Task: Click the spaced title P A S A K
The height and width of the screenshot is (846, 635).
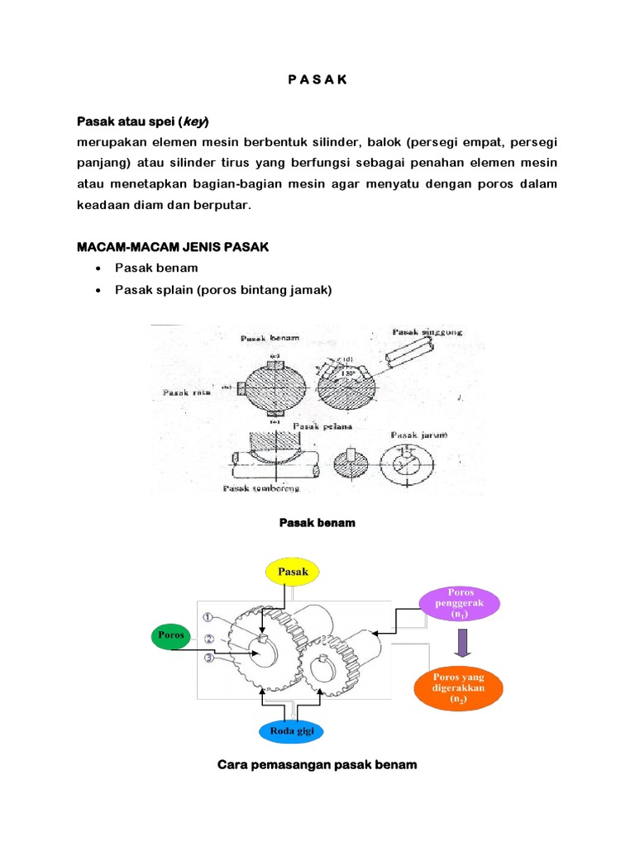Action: click(317, 80)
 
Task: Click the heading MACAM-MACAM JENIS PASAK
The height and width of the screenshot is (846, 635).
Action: click(172, 248)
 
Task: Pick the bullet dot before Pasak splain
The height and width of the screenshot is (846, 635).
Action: click(99, 290)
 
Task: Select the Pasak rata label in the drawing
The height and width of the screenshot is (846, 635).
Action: click(188, 393)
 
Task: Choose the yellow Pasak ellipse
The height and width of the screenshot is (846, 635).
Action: click(293, 571)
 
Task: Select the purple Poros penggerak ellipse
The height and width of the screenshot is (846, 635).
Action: click(461, 604)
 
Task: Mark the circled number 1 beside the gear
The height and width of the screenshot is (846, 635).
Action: click(208, 615)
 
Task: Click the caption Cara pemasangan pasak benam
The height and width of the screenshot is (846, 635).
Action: click(317, 765)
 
